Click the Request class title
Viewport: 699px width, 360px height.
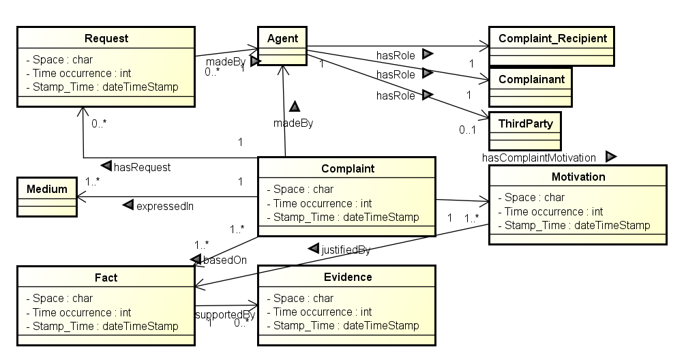[106, 38]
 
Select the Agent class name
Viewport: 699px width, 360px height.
[282, 39]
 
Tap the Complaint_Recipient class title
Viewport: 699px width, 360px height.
[552, 38]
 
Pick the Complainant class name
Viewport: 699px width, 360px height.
[531, 79]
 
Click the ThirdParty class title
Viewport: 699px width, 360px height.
[526, 123]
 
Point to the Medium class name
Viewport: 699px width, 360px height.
[47, 189]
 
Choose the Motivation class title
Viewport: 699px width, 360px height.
[578, 177]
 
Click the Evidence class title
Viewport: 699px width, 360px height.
[348, 277]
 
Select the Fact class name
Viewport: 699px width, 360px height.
[106, 277]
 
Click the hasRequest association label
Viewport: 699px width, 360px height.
[143, 167]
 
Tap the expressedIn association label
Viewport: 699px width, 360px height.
[165, 207]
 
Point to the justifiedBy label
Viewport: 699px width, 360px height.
[346, 250]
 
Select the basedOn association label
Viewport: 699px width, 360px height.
[224, 260]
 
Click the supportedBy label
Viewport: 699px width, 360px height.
[225, 314]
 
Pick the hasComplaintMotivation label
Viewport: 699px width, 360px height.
[539, 157]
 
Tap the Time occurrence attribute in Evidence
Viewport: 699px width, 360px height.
[319, 312]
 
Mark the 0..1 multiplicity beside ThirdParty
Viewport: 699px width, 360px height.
[467, 130]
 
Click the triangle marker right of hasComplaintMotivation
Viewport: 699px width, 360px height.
[611, 157]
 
